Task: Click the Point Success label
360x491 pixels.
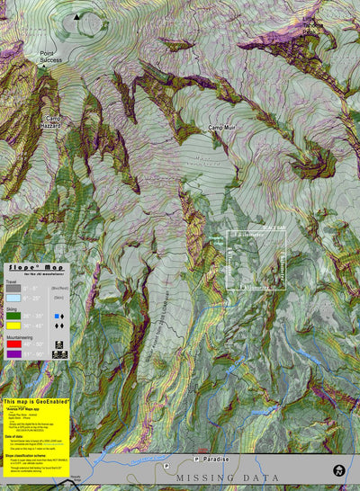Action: (51, 58)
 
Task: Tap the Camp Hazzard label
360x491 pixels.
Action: (50, 123)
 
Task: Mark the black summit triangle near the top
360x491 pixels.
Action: (76, 16)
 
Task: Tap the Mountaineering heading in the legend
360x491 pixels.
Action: (24, 337)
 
